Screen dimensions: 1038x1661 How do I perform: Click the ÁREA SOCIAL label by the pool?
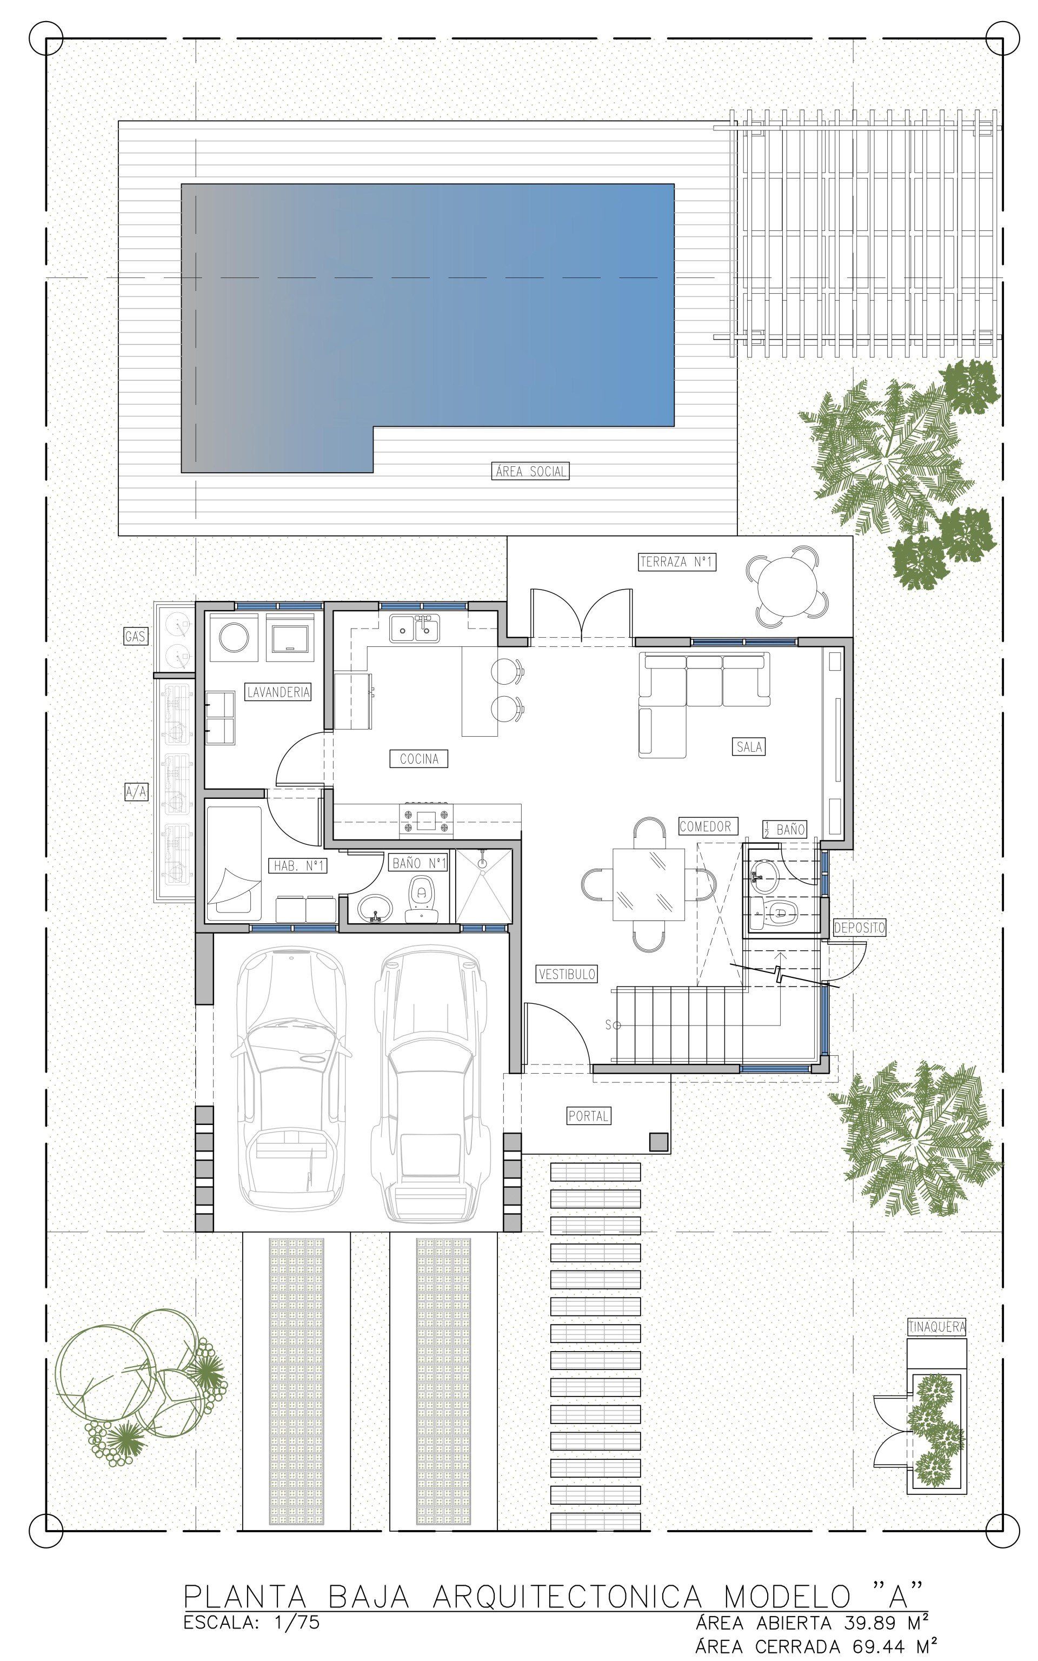pyautogui.click(x=531, y=471)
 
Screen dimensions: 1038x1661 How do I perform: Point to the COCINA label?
pyautogui.click(x=419, y=759)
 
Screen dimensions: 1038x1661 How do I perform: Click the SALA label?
pyautogui.click(x=748, y=746)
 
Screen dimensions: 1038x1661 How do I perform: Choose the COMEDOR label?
pyautogui.click(x=705, y=826)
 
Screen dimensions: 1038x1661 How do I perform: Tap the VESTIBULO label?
pyautogui.click(x=567, y=974)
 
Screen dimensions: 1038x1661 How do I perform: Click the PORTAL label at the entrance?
pyautogui.click(x=588, y=1116)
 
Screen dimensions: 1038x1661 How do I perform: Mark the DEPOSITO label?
pyautogui.click(x=860, y=928)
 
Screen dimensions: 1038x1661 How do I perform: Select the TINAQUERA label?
pyautogui.click(x=937, y=1327)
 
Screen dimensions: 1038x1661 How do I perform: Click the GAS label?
pyautogui.click(x=135, y=637)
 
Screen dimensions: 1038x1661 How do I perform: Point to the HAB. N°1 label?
pyautogui.click(x=298, y=866)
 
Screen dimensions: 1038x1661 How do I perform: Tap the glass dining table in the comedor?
pyautogui.click(x=649, y=885)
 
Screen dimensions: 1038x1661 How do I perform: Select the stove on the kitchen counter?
pyautogui.click(x=427, y=820)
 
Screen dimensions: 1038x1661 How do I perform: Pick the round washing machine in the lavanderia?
pyautogui.click(x=235, y=638)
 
